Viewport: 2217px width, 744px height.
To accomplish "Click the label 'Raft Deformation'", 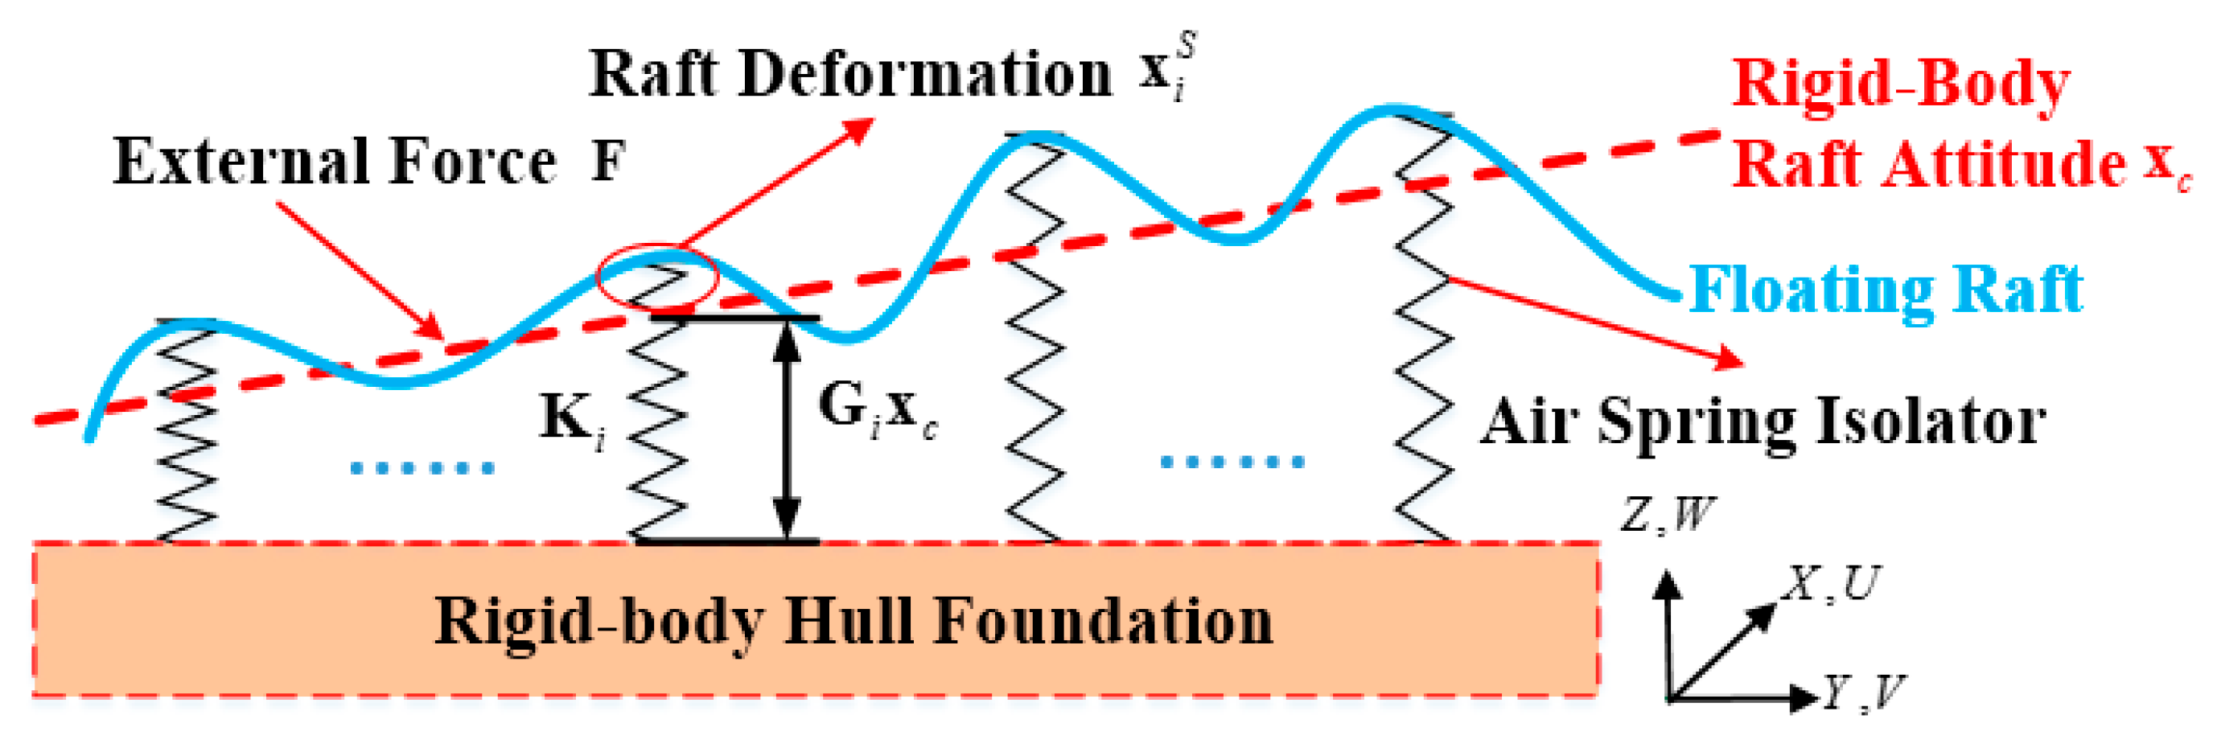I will tap(850, 74).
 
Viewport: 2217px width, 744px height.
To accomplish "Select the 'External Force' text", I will tap(335, 162).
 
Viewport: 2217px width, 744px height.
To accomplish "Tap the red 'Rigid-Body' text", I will tap(1900, 84).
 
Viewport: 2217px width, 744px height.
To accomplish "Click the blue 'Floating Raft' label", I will tap(1885, 289).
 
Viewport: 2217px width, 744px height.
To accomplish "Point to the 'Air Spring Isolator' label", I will tap(1762, 421).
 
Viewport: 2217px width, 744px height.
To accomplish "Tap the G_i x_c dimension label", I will tap(876, 409).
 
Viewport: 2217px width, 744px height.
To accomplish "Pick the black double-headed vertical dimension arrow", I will tap(786, 430).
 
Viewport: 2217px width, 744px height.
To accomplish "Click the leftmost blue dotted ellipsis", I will tap(422, 468).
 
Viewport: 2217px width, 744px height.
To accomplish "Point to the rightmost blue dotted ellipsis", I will tap(1232, 462).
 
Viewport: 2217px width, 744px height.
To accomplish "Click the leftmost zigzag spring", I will tap(187, 430).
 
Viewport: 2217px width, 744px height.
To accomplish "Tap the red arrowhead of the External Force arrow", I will tap(430, 327).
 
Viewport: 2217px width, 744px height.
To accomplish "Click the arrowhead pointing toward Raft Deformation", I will tap(858, 129).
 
